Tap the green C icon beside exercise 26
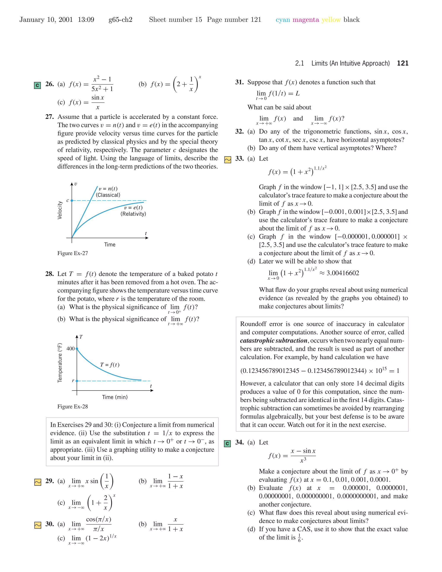[37, 85]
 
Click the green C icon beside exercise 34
[227, 443]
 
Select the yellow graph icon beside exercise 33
[227, 160]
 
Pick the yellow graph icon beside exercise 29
[38, 482]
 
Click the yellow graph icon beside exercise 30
[38, 525]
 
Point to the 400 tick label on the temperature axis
[70, 349]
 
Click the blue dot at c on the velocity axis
[72, 201]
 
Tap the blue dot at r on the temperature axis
[77, 381]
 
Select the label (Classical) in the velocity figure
[108, 195]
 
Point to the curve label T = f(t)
[110, 365]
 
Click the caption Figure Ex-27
[73, 253]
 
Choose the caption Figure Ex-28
[73, 406]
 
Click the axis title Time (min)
[115, 397]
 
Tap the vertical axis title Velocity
[60, 210]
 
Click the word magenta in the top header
[306, 20]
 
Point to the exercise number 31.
[239, 82]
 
